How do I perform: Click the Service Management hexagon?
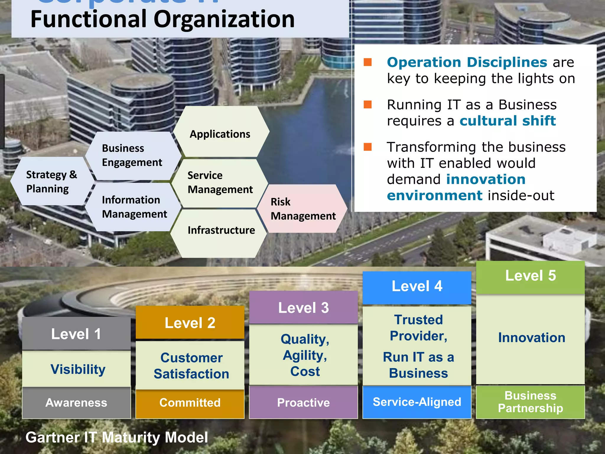click(220, 183)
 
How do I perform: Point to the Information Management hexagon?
click(134, 207)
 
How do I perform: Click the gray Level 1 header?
click(76, 334)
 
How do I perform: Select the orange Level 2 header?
click(190, 322)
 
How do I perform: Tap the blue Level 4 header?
click(417, 286)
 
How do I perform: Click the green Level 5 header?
click(530, 276)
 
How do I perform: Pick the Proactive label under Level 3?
click(303, 402)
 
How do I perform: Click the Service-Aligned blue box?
click(417, 402)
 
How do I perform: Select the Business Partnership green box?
click(530, 402)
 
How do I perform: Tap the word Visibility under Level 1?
click(78, 369)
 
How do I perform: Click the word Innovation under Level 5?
click(531, 338)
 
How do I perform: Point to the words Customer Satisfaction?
click(191, 366)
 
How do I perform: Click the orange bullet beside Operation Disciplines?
click(367, 62)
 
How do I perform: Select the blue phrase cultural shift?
click(508, 121)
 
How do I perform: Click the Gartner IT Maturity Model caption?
click(117, 437)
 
